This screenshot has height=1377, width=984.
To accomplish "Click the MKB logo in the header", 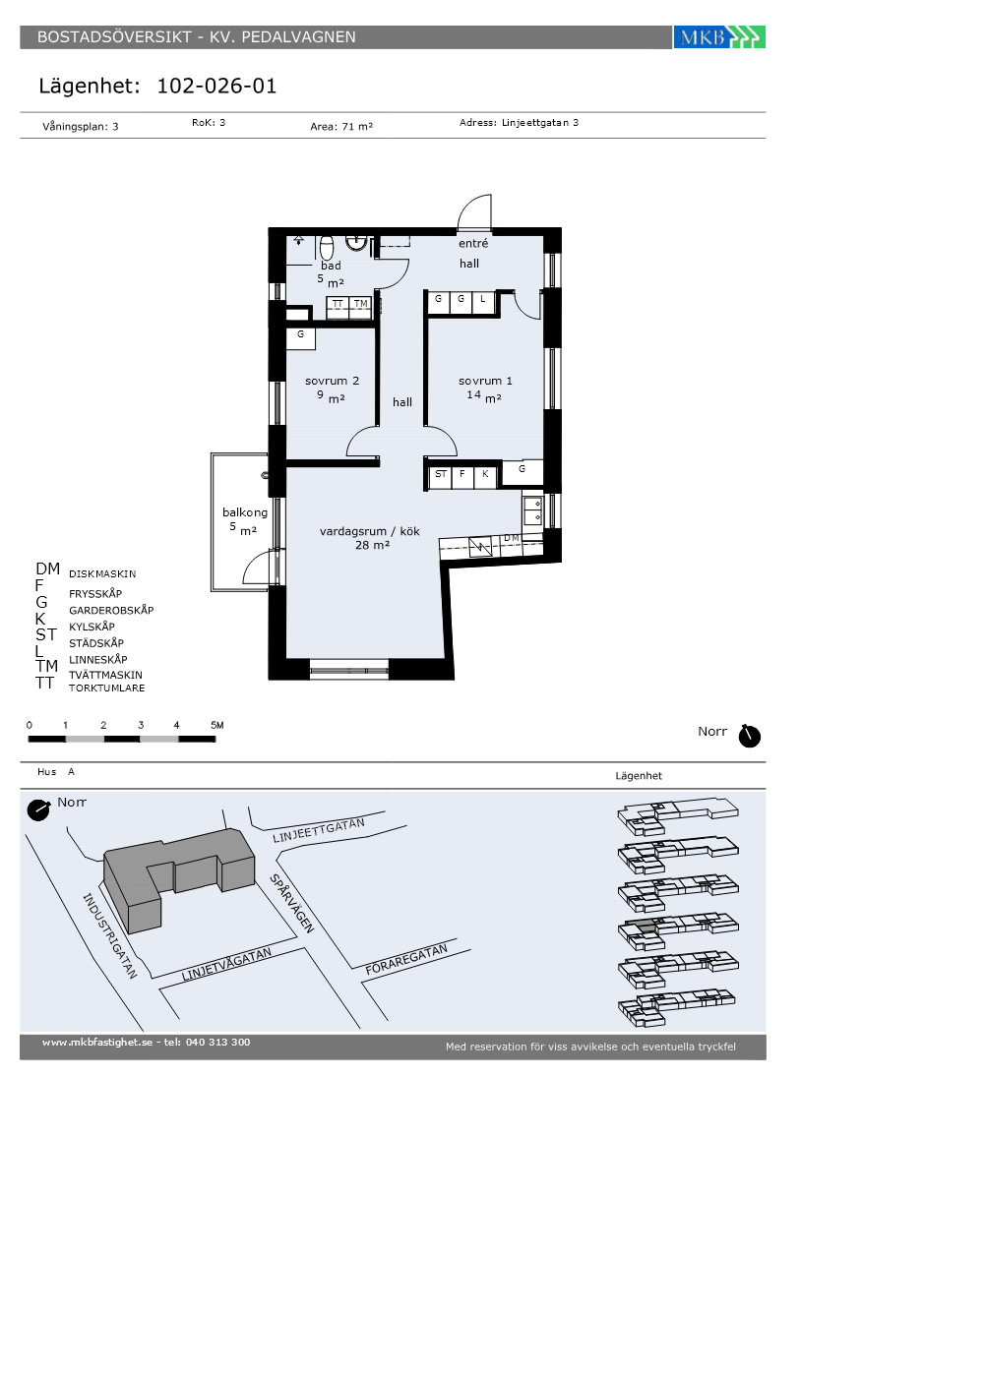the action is coord(719,37).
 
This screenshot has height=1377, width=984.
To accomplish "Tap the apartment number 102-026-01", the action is coord(216,87).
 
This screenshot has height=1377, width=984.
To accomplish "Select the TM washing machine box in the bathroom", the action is coord(360,307).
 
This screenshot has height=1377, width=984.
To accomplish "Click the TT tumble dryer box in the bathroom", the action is coord(338,307).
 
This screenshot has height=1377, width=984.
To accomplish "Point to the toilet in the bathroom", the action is coord(327,247).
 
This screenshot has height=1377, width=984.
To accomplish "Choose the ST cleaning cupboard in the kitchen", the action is coord(441,476).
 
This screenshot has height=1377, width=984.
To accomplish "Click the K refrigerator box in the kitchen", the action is coord(484,476).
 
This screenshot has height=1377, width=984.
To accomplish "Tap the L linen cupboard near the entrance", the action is coord(483,303).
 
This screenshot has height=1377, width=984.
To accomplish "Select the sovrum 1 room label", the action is coord(485,382).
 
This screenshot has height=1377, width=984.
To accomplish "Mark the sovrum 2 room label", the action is coord(333,382).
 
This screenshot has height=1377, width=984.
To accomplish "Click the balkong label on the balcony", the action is coord(245,512).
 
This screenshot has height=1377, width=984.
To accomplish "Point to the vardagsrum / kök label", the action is coord(370,531).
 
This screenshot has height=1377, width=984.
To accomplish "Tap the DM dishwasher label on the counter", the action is coord(512,538).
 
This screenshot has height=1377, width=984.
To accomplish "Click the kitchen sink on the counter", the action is coord(532,510).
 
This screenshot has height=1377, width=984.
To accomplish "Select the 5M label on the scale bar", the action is coord(217,726).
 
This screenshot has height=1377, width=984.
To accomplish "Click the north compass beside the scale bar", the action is coord(749,736).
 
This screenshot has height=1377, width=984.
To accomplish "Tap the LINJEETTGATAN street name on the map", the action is coord(319,830).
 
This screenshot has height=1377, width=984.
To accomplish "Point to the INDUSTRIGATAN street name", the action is coord(109,935).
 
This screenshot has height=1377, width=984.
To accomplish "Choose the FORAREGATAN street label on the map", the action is coord(406,959).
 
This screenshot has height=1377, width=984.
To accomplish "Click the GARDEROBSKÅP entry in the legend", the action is coord(111,611).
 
